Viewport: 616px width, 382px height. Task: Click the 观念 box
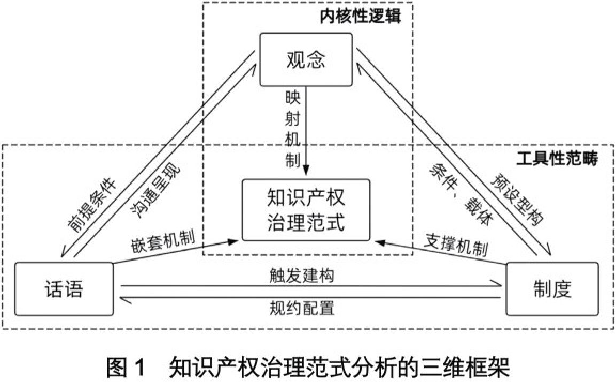(306, 59)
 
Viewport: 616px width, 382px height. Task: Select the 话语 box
(64, 289)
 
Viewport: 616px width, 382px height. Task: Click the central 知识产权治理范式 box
(306, 210)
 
